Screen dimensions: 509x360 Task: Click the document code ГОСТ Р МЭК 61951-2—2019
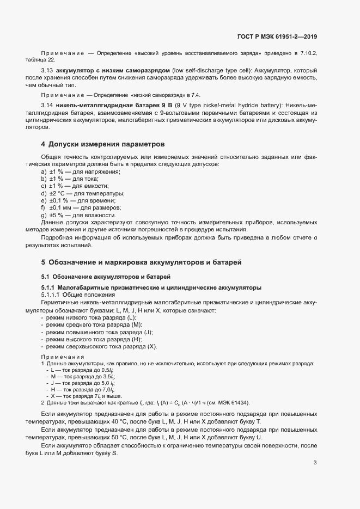277,36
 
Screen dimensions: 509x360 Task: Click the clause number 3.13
48,71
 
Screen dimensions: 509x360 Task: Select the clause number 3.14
48,104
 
